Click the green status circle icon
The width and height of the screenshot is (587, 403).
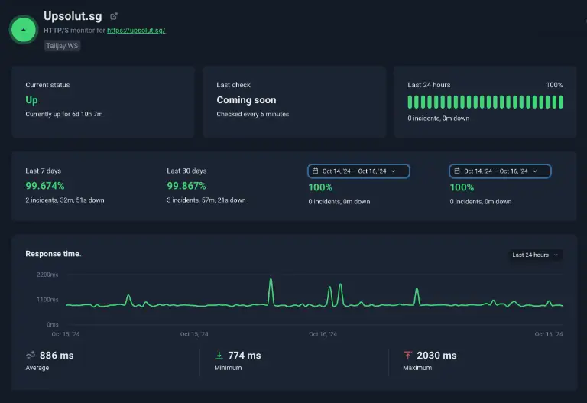pos(23,30)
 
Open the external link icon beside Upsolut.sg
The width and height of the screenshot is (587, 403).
pos(114,16)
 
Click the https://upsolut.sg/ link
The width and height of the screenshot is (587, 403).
pos(136,31)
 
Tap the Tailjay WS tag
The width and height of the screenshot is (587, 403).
pos(62,46)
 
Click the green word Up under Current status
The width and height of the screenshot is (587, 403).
pos(31,100)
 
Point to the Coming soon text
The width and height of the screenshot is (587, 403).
pos(246,100)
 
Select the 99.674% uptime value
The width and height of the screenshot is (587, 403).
pos(45,186)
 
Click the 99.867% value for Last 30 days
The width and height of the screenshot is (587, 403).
pos(186,186)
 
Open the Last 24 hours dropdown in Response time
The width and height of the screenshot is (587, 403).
pos(535,255)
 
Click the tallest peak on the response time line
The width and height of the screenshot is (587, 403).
pos(271,279)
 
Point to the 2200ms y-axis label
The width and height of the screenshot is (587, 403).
pos(47,275)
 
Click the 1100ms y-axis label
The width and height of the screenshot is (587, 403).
pos(47,300)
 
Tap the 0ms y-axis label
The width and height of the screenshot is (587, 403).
pos(53,324)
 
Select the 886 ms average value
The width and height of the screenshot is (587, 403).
pos(57,356)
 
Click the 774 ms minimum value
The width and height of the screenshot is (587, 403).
pos(245,356)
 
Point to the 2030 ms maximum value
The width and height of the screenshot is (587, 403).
pos(436,356)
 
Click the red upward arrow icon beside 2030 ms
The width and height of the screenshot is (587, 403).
pos(407,355)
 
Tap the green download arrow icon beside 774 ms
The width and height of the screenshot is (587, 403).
pos(219,355)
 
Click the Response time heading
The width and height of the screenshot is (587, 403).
pos(54,254)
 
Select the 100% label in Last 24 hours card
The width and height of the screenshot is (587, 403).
pos(554,85)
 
